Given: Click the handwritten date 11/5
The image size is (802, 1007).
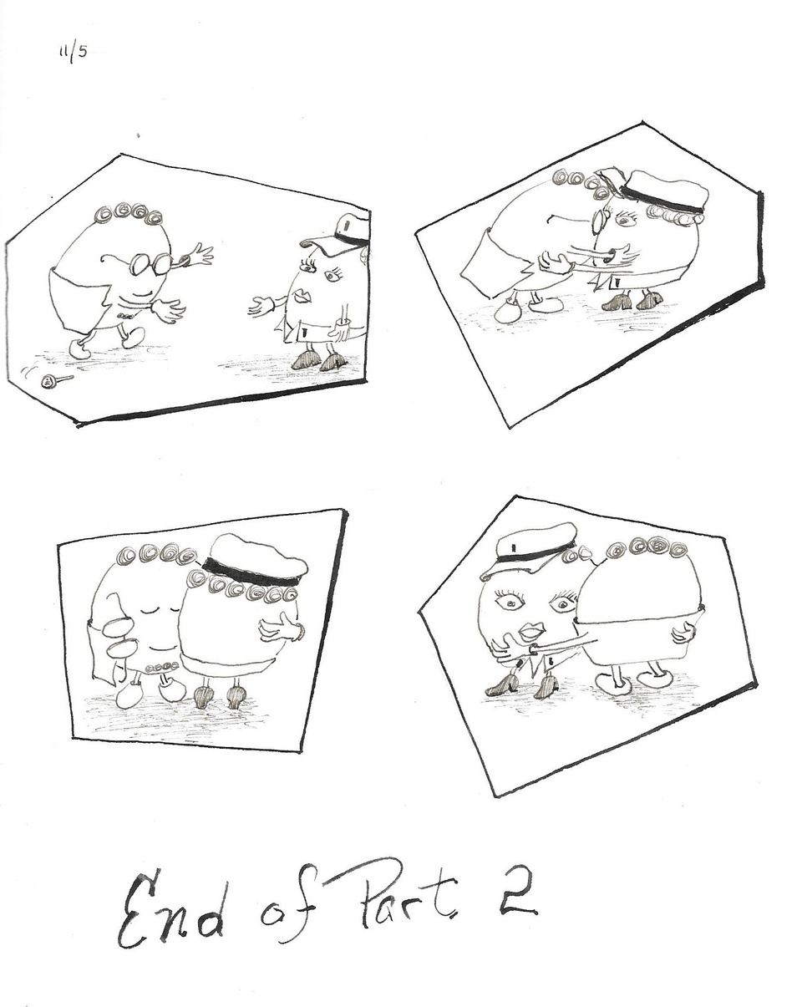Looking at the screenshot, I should coord(73,53).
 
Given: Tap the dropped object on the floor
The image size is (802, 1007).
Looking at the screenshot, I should coord(50,381).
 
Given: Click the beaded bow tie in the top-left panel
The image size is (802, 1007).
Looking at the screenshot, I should coord(125,316).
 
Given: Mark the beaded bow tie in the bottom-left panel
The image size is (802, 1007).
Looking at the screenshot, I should coord(160,667).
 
